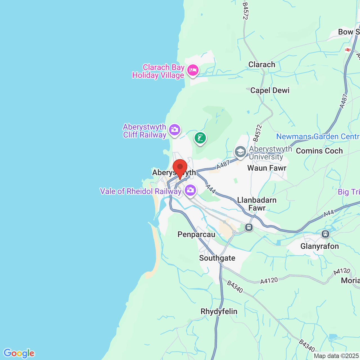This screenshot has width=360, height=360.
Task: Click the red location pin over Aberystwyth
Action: tap(180, 168)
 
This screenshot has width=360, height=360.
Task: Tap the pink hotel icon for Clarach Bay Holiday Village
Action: tap(193, 69)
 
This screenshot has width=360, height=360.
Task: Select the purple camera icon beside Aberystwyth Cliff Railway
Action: tap(175, 130)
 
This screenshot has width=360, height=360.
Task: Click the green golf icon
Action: tap(200, 138)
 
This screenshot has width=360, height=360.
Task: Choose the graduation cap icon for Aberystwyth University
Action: tap(240, 152)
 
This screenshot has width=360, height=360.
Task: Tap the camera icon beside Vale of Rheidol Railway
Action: tap(190, 190)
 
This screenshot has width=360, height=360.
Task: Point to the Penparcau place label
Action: tap(196, 234)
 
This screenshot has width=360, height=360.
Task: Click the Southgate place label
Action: tap(217, 258)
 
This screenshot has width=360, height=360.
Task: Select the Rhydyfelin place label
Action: tap(219, 311)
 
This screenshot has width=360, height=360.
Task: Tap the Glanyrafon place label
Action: tap(319, 246)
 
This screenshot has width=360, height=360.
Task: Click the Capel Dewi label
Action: tap(270, 90)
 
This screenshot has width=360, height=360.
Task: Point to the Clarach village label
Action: tap(262, 64)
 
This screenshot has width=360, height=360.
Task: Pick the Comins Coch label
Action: tap(319, 151)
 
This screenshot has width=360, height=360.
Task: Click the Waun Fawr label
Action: tap(267, 168)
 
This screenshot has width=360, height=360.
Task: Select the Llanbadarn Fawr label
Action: tap(257, 204)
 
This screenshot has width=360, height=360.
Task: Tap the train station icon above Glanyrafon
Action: tap(325, 234)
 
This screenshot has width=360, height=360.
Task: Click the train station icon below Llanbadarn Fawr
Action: tap(249, 227)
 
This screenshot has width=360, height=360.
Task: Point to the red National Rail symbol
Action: tap(348, 50)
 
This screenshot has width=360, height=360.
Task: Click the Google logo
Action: tap(19, 353)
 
